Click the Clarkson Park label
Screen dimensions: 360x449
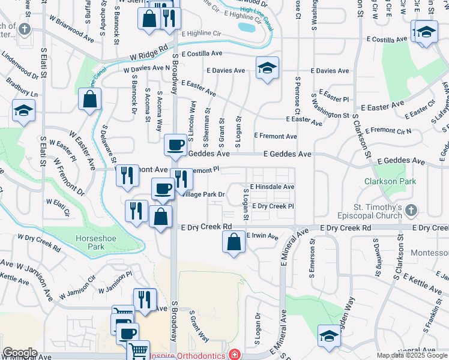tap(382, 181)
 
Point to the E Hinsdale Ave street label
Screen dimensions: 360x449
tap(272, 187)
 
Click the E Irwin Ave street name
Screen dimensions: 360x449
tap(262, 236)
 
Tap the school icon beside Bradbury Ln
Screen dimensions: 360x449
tap(23, 110)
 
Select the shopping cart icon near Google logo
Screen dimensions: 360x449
tap(139, 350)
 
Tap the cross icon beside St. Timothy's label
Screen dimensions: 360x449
tap(411, 210)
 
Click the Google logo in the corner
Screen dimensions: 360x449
tap(20, 353)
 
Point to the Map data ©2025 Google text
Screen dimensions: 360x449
tap(412, 355)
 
